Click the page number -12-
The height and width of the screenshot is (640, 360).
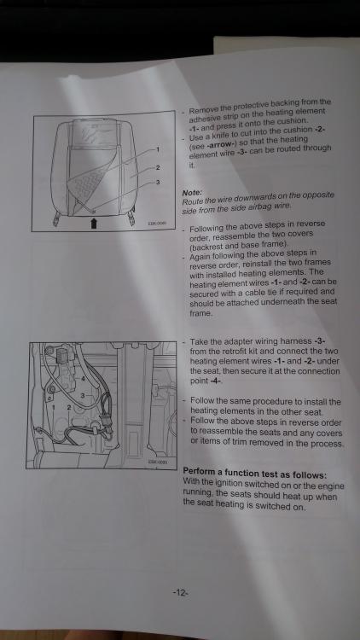180,593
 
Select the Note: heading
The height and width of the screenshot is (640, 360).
192,192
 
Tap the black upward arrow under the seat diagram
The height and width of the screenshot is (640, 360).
94,224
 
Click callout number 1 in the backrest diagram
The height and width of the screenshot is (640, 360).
158,149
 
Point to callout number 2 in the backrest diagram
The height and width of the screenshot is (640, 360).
158,167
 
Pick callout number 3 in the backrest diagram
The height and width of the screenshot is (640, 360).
158,182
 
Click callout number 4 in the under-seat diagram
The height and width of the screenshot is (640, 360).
83,379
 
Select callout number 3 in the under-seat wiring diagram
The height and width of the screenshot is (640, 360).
83,395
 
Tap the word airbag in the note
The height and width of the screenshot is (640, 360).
261,207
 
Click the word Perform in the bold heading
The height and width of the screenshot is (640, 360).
197,474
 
